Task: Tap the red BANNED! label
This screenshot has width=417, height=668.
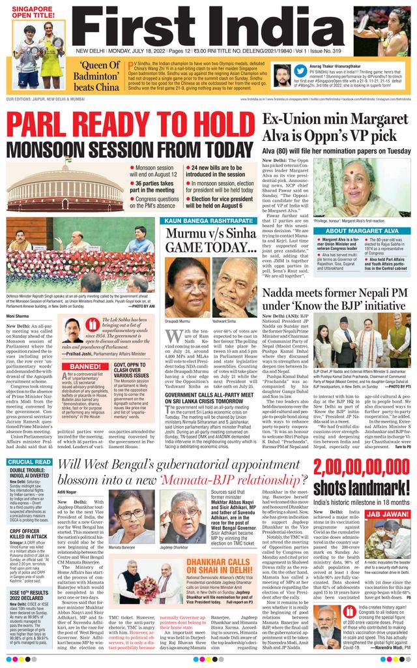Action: pyautogui.click(x=85, y=366)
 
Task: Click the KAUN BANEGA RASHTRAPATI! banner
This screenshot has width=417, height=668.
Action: pyautogui.click(x=210, y=222)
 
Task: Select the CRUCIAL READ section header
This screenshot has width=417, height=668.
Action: pyautogui.click(x=29, y=462)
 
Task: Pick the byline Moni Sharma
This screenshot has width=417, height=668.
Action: pyautogui.click(x=18, y=316)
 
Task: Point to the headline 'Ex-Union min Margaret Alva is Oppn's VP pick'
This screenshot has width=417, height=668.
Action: pyautogui.click(x=335, y=127)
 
